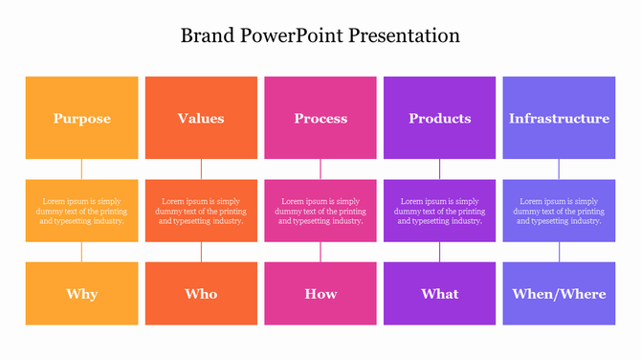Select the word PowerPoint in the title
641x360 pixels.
[x=291, y=36]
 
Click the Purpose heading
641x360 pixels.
[x=81, y=119]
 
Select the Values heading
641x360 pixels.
[x=201, y=119]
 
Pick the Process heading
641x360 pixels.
[x=320, y=119]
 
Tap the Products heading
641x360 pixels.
[x=440, y=119]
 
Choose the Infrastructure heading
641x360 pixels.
[x=559, y=119]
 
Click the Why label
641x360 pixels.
[x=81, y=294]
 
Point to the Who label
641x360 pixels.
[x=201, y=294]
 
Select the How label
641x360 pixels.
[x=320, y=294]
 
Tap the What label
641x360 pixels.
[x=440, y=294]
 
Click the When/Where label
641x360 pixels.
[x=559, y=294]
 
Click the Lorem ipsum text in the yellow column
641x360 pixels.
[x=81, y=211]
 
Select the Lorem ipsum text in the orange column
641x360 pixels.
[x=201, y=211]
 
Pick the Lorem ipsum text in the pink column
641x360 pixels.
[x=320, y=211]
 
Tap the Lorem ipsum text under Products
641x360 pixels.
[x=440, y=211]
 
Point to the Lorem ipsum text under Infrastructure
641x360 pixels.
[x=559, y=211]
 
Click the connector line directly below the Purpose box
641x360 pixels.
[x=81, y=169]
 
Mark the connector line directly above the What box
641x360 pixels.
[x=440, y=252]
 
